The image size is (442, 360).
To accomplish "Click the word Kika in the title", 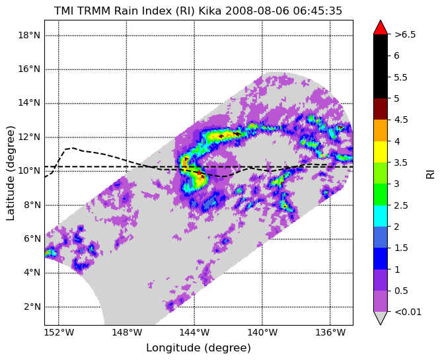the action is click(x=211, y=11).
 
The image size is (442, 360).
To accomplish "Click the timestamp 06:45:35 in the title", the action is click(x=317, y=11).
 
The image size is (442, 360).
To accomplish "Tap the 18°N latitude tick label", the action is click(x=29, y=36).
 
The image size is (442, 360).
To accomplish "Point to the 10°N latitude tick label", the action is click(x=29, y=171).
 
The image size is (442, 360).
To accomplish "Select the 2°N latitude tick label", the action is click(x=32, y=306).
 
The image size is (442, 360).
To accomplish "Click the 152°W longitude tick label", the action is click(x=59, y=333).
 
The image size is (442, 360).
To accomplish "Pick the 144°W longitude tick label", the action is click(x=194, y=333).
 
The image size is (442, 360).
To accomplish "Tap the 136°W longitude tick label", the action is click(x=330, y=333).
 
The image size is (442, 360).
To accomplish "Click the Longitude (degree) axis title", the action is click(x=198, y=348).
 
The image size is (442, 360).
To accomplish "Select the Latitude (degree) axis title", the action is click(x=10, y=173).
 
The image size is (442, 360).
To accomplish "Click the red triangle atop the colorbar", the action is click(x=381, y=27).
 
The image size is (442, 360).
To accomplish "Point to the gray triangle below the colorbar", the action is click(x=381, y=318).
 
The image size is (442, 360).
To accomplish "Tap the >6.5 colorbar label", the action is click(x=405, y=34).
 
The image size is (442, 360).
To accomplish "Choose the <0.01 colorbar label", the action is click(x=408, y=312).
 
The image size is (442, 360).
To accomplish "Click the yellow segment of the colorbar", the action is click(x=381, y=152).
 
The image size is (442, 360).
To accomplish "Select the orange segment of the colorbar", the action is click(x=381, y=131).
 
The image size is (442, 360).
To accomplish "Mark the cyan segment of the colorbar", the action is click(x=381, y=216).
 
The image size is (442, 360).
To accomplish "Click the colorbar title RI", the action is click(x=431, y=174).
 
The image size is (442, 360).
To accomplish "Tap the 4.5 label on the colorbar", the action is click(x=401, y=120).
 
